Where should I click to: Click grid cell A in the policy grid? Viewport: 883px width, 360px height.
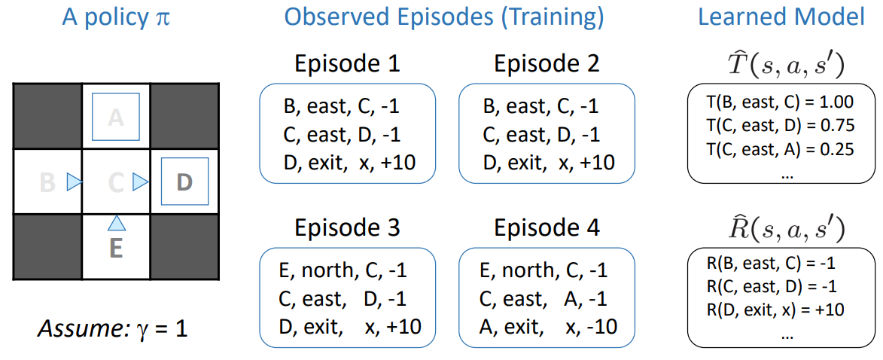click(116, 117)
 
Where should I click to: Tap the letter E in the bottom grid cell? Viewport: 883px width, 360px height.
click(116, 249)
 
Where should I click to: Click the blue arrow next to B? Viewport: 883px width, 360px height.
click(75, 182)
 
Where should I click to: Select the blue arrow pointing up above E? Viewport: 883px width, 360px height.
click(116, 223)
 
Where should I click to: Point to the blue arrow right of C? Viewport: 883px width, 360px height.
click(140, 182)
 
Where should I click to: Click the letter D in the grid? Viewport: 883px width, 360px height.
click(184, 182)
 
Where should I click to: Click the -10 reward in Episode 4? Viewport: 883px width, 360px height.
click(604, 325)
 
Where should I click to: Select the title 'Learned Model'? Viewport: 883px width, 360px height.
click(781, 19)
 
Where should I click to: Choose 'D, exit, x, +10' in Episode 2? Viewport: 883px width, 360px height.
click(548, 162)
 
